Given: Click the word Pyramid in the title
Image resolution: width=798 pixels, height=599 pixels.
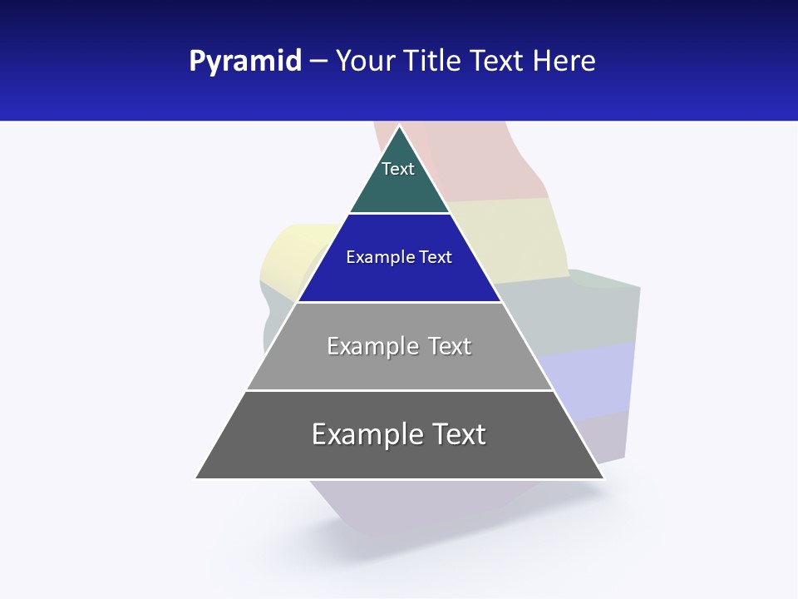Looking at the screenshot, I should click(x=245, y=62).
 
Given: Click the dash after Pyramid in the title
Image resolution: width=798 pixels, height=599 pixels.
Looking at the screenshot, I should click(x=318, y=62).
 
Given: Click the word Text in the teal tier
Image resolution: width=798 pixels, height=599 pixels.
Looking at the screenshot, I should click(x=398, y=169).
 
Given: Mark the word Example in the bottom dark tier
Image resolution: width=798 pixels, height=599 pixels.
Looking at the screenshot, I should click(x=367, y=434).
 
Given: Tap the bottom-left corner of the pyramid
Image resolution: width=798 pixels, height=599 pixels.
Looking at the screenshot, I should click(x=197, y=478).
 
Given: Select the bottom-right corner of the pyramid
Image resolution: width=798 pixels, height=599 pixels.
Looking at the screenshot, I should click(x=603, y=478).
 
